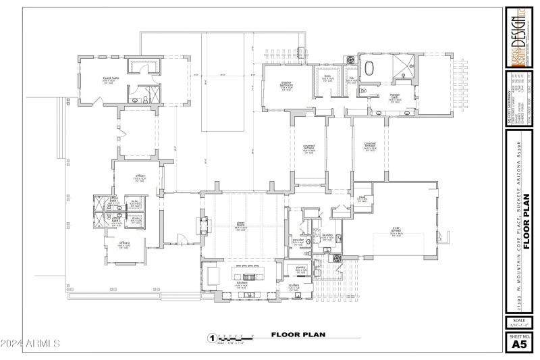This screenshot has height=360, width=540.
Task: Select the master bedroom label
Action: (286, 84)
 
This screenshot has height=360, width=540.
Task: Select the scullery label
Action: (294, 286)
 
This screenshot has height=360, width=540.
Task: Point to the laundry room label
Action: (328, 236)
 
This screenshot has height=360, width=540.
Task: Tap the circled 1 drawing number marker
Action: (212, 337)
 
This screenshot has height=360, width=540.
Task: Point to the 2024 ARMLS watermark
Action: (31, 343)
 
